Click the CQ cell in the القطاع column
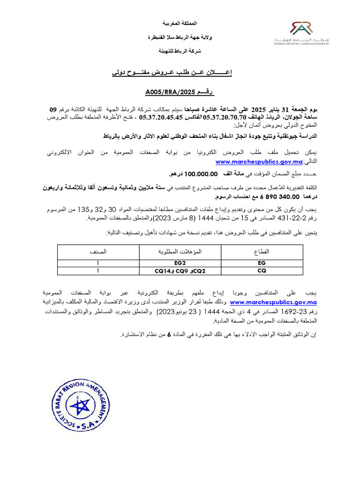coord(262,270)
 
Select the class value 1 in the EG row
coord(98,263)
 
